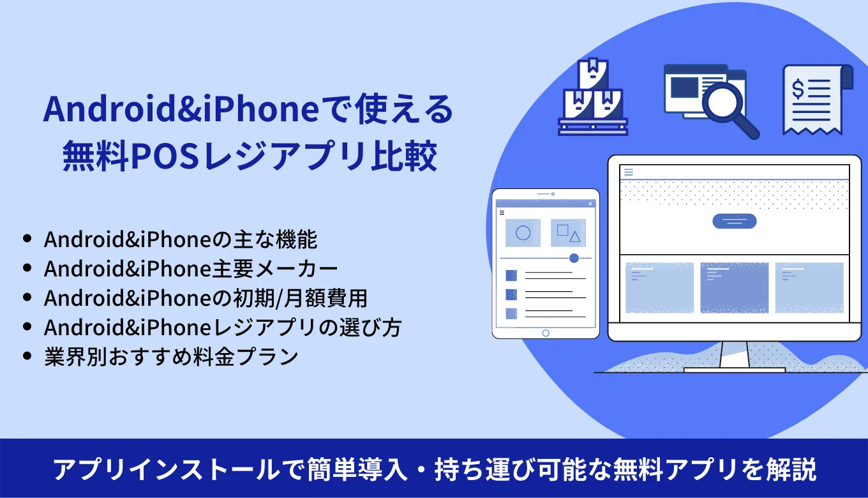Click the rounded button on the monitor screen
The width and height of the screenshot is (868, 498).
coord(734,221)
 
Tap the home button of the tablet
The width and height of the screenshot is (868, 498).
coord(545,333)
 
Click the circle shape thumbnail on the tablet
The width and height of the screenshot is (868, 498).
coord(523,233)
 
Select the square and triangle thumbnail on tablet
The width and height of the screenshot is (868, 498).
coord(568,233)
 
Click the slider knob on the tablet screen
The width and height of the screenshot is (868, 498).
coord(574,258)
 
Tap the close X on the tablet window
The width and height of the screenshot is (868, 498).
coord(590,204)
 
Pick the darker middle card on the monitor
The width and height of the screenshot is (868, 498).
coord(734,287)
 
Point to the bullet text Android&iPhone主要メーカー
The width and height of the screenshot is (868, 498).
coord(191,269)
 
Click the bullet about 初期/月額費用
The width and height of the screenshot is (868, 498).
coord(206,298)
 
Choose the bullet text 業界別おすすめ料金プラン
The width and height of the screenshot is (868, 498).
coord(171,356)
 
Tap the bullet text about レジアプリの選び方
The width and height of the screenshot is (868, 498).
coord(222,328)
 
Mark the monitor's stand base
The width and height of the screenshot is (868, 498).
coord(734,370)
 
